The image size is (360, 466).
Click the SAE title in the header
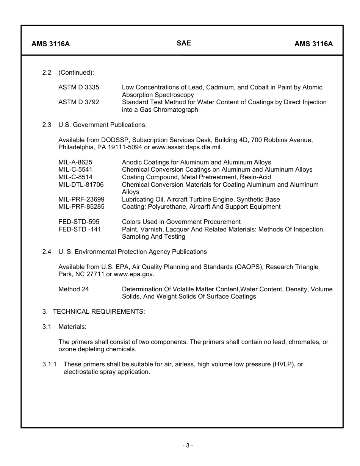click(184, 43)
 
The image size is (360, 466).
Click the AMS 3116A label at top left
click(50, 44)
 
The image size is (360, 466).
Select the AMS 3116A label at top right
click(313, 44)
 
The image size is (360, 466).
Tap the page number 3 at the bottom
click(187, 446)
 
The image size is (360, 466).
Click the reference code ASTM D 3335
click(78, 88)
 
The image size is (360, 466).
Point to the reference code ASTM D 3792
click(78, 102)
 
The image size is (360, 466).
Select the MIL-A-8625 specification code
click(75, 163)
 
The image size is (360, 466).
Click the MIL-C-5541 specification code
click(75, 170)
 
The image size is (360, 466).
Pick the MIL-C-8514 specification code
click(75, 177)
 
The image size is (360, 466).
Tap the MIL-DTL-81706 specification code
click(81, 185)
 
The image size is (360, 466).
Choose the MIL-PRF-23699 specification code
click(81, 200)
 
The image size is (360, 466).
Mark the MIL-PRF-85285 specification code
click(81, 207)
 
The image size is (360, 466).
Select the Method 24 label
click(74, 289)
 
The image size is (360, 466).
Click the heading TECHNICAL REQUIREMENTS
click(99, 312)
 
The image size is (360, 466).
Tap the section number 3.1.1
click(49, 364)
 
